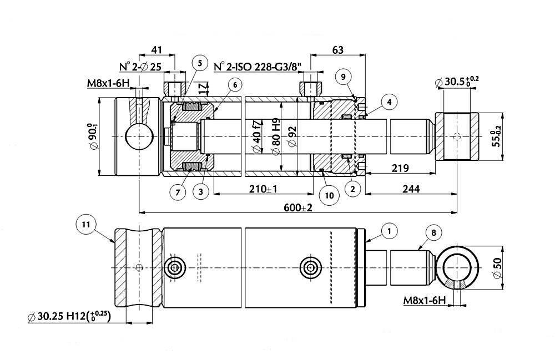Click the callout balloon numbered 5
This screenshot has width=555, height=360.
tap(200, 63)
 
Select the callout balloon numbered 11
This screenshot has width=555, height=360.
tap(86, 224)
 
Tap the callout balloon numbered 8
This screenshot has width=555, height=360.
tap(433, 232)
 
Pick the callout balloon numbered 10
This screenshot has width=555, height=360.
tap(329, 196)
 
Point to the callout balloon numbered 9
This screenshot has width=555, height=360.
tap(344, 77)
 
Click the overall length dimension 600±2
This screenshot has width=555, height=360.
tap(298, 207)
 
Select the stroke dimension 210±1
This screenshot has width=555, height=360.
tap(263, 189)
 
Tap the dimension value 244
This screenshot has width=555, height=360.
tap(411, 189)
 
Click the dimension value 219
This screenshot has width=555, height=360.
tap(400, 168)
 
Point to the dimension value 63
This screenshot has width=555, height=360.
tap(337, 50)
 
